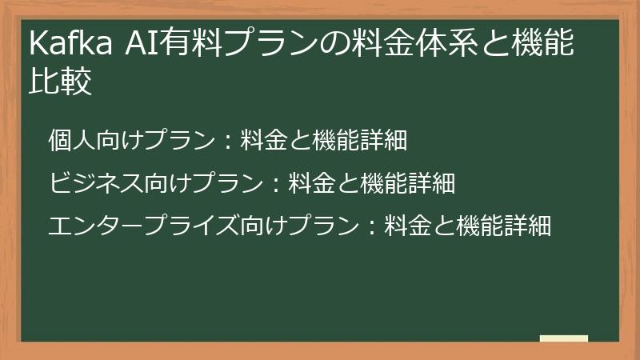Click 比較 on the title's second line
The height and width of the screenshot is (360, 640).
click(x=60, y=82)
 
